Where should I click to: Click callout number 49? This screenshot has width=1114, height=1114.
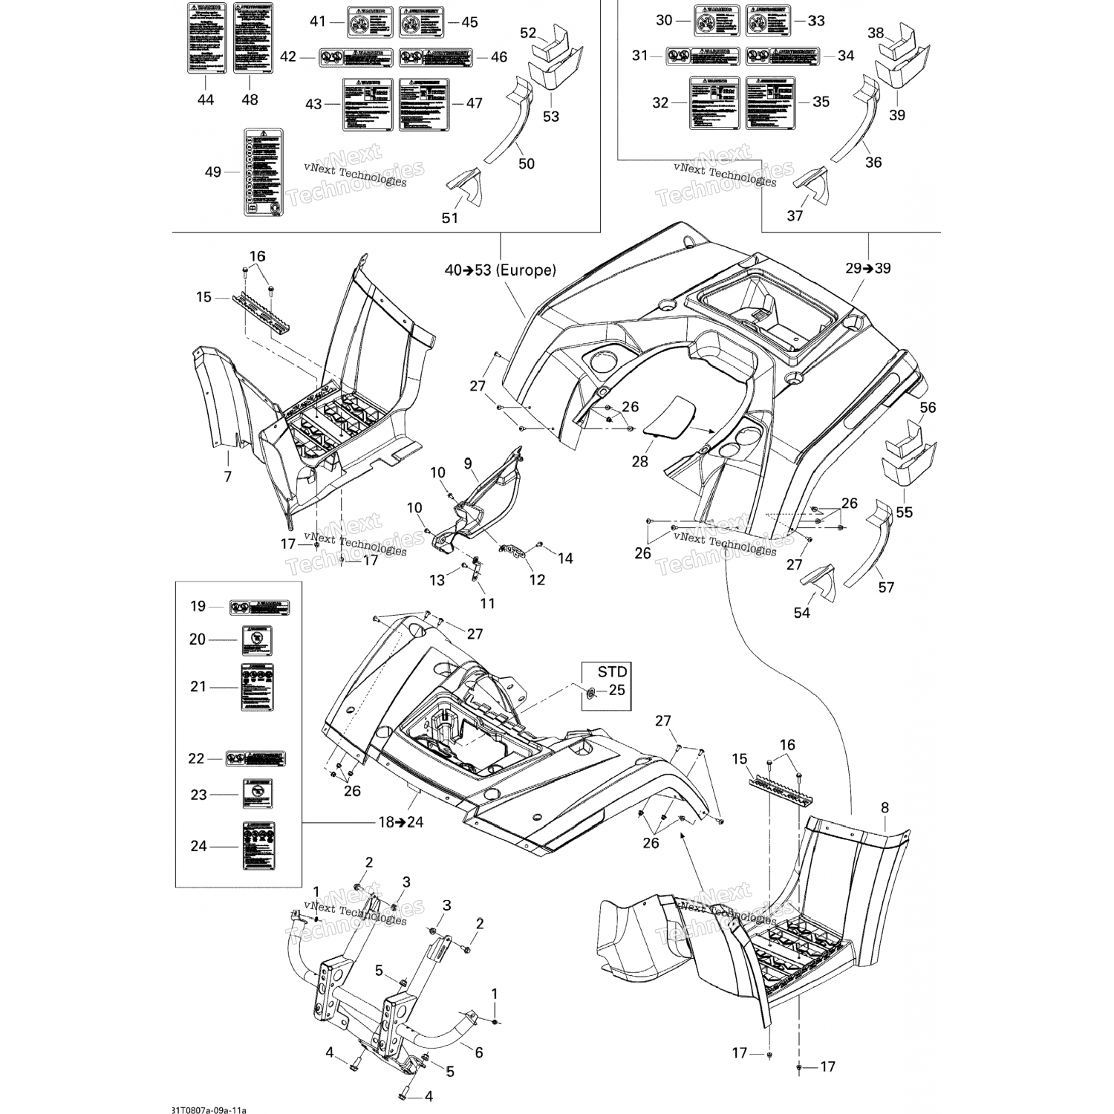pos(213,172)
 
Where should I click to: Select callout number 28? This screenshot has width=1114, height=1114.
pos(639,461)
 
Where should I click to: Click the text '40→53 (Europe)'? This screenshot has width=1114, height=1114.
pos(500,270)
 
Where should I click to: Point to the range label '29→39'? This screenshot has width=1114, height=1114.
pos(868,268)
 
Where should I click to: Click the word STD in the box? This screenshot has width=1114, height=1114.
pos(613,672)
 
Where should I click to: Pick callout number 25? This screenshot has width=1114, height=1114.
pos(616,690)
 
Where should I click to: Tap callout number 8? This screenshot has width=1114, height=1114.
pos(885,807)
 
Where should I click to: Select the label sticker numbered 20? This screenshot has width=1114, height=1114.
pos(255,639)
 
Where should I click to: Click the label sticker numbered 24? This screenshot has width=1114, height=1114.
pos(258,845)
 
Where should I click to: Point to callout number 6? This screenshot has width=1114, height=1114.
pos(479,1052)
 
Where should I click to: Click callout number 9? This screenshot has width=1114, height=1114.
pos(468,463)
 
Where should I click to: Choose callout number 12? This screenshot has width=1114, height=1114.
pos(536,579)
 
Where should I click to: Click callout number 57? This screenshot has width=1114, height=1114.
pos(886,587)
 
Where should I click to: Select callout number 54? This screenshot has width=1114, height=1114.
pos(802,613)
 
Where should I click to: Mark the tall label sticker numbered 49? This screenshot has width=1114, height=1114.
pos(264,172)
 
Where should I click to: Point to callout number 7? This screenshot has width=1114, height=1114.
pos(228,476)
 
